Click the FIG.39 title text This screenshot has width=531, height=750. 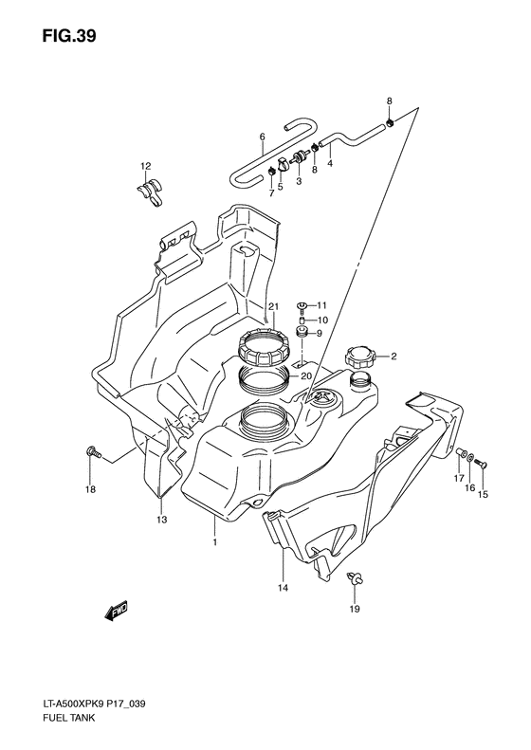pyautogui.click(x=68, y=36)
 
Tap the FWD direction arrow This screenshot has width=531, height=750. pyautogui.click(x=118, y=612)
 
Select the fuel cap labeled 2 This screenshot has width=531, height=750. pyautogui.click(x=358, y=357)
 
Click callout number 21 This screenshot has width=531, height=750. pyautogui.click(x=273, y=306)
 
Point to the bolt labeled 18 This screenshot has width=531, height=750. pyautogui.click(x=93, y=452)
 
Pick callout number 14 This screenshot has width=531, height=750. pyautogui.click(x=284, y=588)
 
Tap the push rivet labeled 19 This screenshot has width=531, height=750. pyautogui.click(x=355, y=577)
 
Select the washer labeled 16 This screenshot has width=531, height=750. pyautogui.click(x=470, y=459)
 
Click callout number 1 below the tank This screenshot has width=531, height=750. pyautogui.click(x=215, y=542)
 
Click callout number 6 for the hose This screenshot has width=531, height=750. pyautogui.click(x=262, y=137)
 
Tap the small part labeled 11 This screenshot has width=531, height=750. pyautogui.click(x=302, y=305)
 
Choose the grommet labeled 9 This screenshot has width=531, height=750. pyautogui.click(x=302, y=332)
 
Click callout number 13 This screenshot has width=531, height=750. pyautogui.click(x=162, y=520)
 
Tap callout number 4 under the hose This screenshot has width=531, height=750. pyautogui.click(x=330, y=163)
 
